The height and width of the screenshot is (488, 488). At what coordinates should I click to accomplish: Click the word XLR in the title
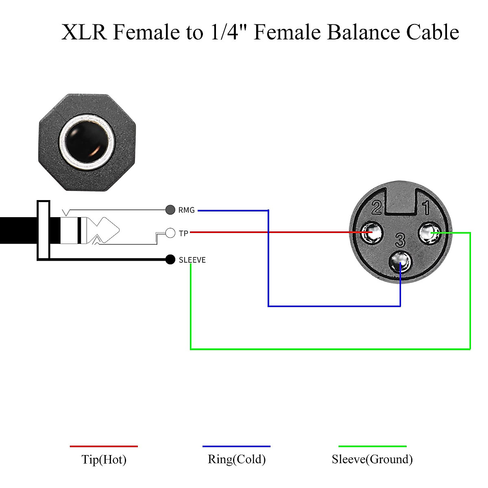(x=84, y=32)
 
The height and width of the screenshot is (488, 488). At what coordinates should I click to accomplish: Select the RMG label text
(x=187, y=210)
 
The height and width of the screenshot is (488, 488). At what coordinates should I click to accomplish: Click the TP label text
(x=183, y=233)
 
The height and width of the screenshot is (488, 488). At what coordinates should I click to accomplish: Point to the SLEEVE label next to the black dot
(x=192, y=260)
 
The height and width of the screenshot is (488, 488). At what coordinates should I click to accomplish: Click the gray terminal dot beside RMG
(x=170, y=210)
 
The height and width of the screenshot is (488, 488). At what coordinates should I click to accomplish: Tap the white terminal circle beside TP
(x=170, y=233)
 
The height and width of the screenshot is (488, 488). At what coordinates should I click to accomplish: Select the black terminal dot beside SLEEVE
(x=170, y=259)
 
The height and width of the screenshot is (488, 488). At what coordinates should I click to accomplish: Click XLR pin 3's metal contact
(x=401, y=262)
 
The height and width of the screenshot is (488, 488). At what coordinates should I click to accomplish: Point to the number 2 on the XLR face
(x=377, y=207)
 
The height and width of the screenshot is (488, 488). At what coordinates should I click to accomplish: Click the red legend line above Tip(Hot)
(x=104, y=446)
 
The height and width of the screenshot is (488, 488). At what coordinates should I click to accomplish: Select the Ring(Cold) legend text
(x=237, y=459)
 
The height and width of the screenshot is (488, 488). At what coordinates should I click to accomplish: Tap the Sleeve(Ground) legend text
(x=372, y=459)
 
